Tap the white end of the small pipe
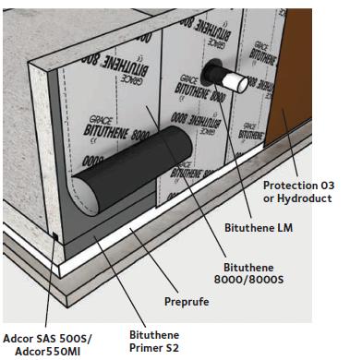(237, 84)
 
